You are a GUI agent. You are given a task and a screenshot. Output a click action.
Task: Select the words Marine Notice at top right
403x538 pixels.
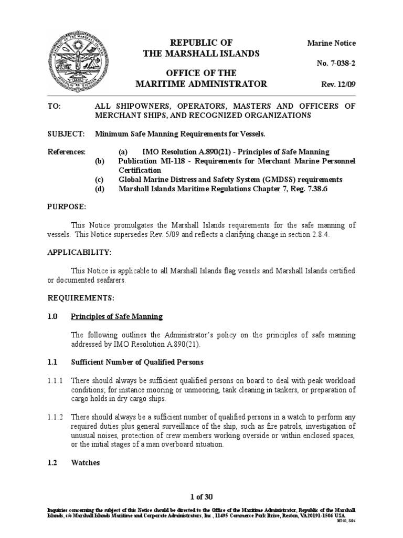point(331,43)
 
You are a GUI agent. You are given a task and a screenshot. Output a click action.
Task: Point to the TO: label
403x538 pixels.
point(54,106)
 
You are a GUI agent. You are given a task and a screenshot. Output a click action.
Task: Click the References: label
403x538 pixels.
point(67,152)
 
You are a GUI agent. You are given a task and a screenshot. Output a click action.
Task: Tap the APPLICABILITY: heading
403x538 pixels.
point(80,252)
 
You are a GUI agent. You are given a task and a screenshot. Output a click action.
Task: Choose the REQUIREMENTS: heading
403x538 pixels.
point(81,298)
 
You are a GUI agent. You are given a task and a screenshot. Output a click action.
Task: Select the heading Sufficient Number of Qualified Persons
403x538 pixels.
point(137,362)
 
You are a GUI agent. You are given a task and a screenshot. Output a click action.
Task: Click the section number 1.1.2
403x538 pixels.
point(57,417)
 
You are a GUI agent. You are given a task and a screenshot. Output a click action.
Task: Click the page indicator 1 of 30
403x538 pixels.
point(202,497)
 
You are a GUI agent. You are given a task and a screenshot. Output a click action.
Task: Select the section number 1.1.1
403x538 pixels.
point(57,380)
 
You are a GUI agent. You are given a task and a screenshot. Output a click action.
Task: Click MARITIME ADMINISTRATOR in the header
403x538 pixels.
point(201,84)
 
